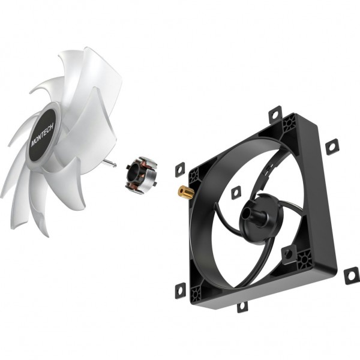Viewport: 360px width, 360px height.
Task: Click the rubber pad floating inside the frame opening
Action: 235,192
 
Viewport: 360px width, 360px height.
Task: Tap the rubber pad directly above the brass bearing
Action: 179,170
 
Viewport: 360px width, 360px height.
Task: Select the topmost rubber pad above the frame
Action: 275,113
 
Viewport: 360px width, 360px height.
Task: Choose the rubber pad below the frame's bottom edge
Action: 242,306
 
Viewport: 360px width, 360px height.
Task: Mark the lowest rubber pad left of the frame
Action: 179,290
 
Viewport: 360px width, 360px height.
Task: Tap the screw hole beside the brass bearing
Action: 194,178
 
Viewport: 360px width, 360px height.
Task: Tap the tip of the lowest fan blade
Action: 40,231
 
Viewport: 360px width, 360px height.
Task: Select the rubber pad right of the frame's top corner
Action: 331,146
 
